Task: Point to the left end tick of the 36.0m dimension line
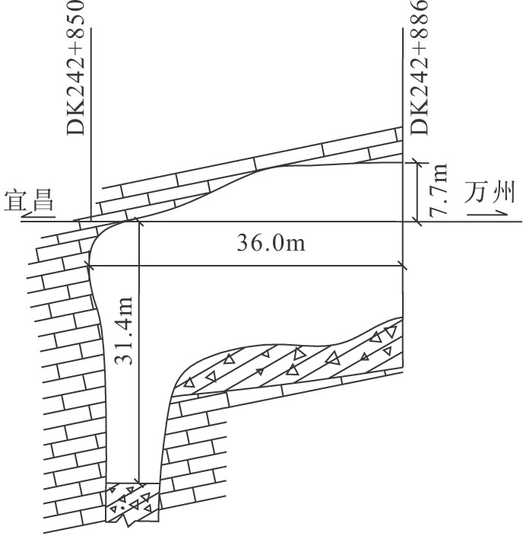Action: coord(90,266)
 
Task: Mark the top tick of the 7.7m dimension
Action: coord(416,161)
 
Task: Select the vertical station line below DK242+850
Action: coord(90,122)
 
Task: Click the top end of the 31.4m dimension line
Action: coord(139,222)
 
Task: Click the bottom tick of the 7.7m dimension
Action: coord(416,221)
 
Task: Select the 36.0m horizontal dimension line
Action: coord(251,266)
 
